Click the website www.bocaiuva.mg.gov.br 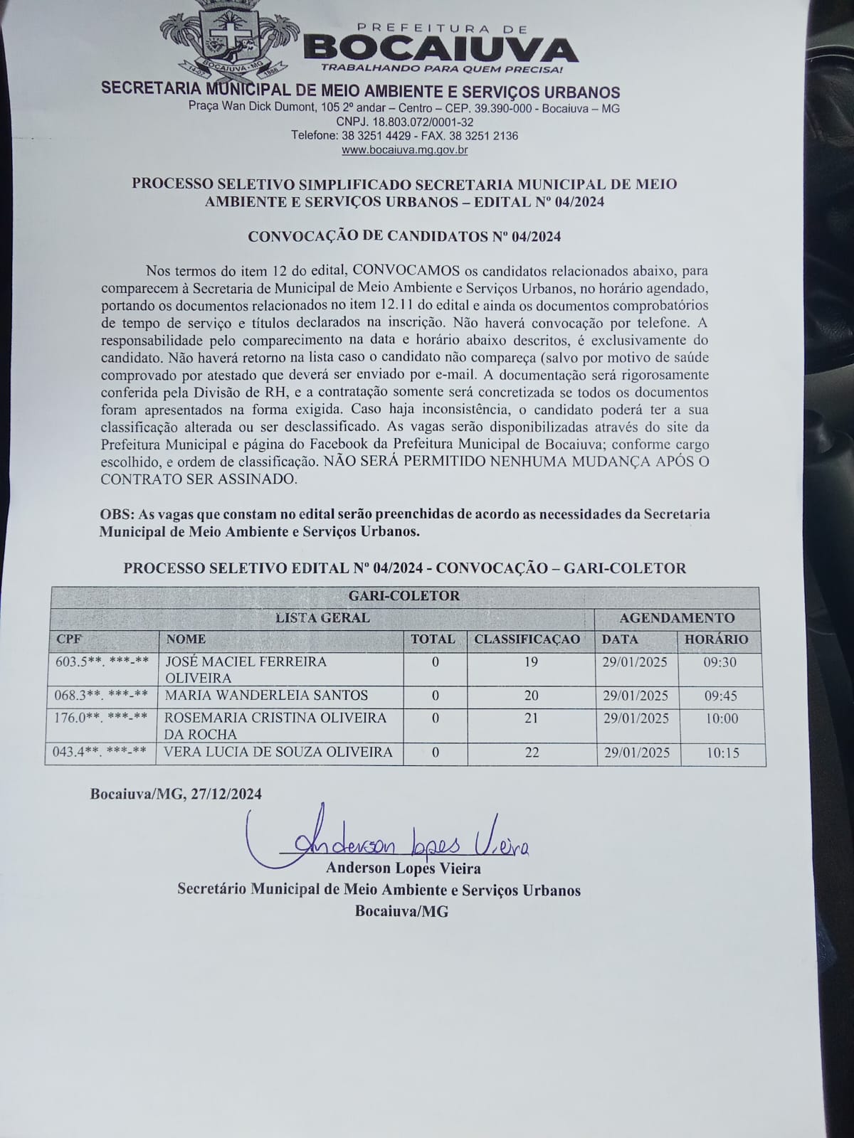(x=404, y=150)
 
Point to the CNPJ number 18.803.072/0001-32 (x=404, y=122)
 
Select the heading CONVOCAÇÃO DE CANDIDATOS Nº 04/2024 (x=404, y=237)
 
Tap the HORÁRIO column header (x=716, y=639)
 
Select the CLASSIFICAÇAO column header (x=527, y=639)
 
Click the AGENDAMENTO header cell (x=677, y=617)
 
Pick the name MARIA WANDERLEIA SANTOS (x=267, y=695)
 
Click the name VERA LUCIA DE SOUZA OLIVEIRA (x=278, y=752)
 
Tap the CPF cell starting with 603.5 (x=102, y=661)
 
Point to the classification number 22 (x=532, y=753)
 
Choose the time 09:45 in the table (x=722, y=696)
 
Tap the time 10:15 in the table (x=722, y=753)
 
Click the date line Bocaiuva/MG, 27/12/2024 (x=176, y=794)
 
